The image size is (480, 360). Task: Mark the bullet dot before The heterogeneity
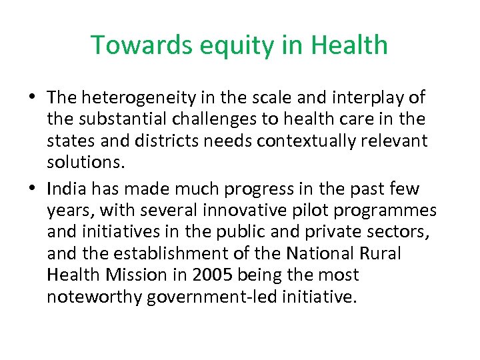[33, 97]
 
